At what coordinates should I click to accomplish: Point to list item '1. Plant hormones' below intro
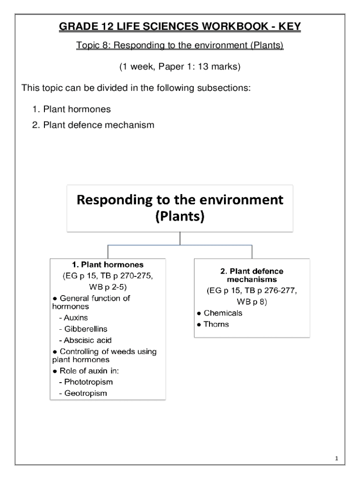[72, 109]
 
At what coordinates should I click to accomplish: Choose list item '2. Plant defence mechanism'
[93, 125]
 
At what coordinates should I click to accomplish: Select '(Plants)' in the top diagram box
[180, 218]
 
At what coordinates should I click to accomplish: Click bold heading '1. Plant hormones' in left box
[108, 264]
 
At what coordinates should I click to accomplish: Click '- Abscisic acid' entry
[85, 340]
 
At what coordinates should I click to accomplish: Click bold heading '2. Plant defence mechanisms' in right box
[252, 275]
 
